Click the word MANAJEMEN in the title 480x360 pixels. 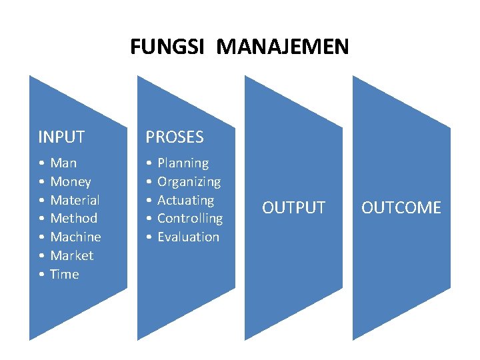[283, 47]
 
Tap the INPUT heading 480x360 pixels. [61, 137]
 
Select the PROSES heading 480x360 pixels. [175, 137]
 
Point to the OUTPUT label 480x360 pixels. [293, 208]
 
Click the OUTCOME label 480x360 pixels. [401, 208]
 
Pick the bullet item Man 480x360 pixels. [63, 163]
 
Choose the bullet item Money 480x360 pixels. [71, 181]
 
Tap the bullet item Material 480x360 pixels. [75, 200]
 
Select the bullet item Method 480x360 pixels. [73, 218]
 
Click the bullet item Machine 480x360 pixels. [75, 237]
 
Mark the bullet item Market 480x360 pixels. [72, 255]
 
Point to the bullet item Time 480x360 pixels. [65, 274]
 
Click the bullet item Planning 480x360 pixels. [183, 163]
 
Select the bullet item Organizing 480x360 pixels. [189, 181]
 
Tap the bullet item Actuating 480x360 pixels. [186, 200]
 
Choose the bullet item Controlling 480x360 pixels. [190, 218]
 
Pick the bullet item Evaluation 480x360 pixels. [189, 237]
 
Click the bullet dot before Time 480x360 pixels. [41, 275]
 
